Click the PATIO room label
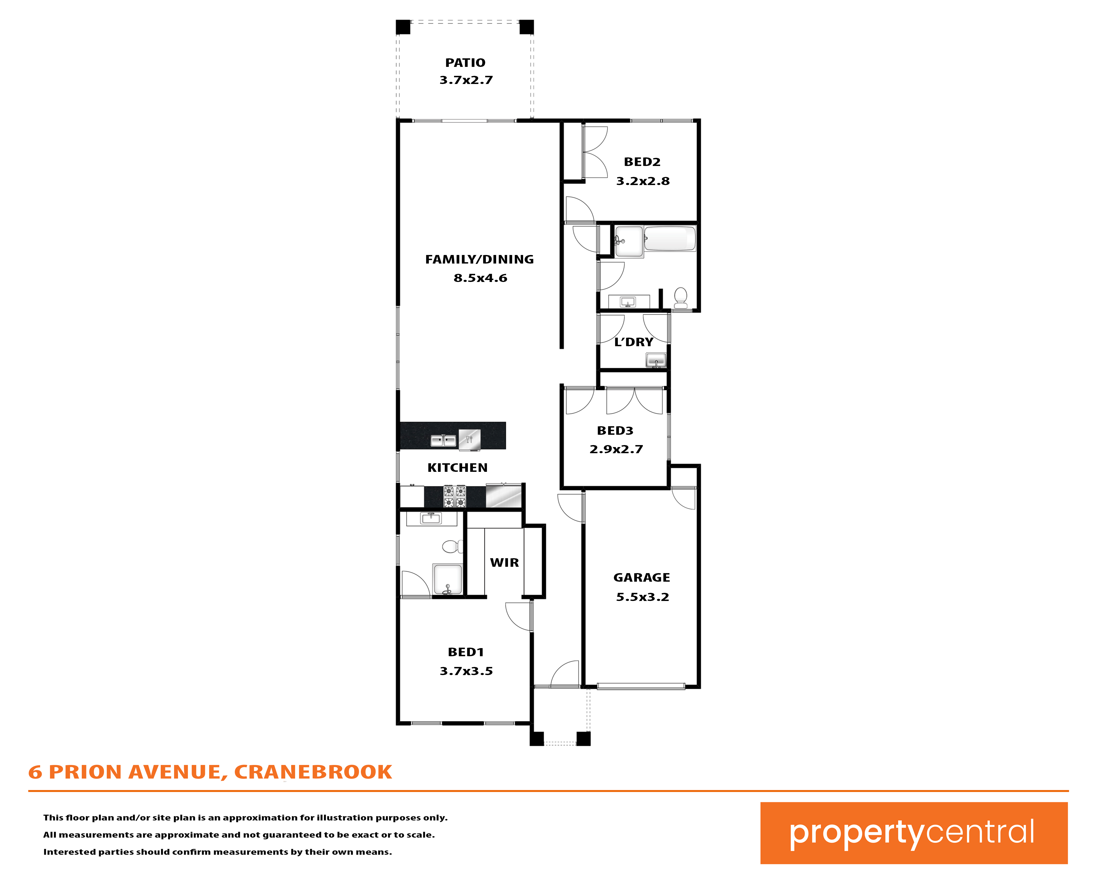pos(465,62)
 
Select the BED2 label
pos(642,162)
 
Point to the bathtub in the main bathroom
pos(670,239)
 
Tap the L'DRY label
pos(633,342)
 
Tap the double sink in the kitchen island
pos(443,440)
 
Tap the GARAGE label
pos(642,578)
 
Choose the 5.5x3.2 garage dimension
pos(643,597)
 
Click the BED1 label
pos(466,652)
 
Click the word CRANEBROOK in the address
pos(313,772)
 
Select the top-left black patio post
pos(403,27)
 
